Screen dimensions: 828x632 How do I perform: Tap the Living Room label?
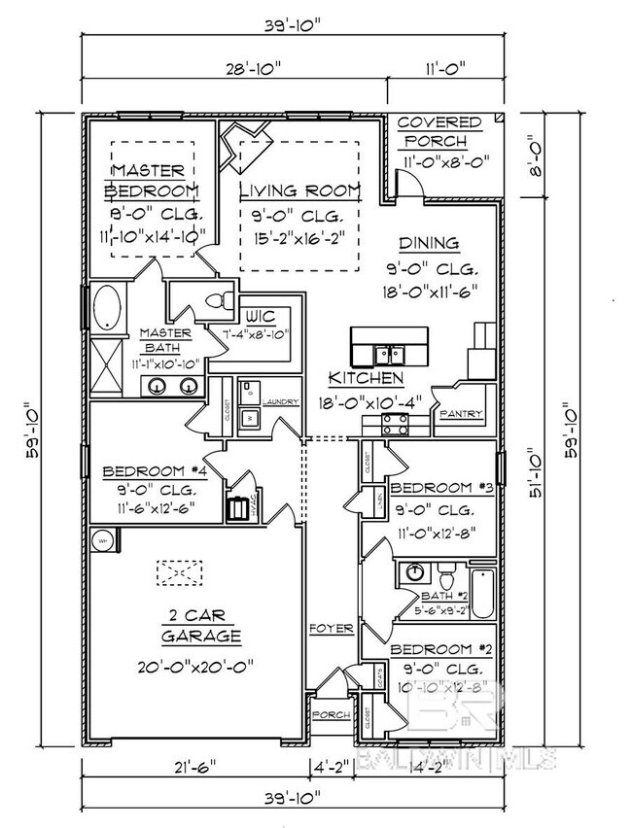[x=299, y=190]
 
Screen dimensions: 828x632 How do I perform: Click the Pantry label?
[x=460, y=414]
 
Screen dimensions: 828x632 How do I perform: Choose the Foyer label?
[x=331, y=629]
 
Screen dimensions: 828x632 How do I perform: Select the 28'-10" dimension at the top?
[x=234, y=67]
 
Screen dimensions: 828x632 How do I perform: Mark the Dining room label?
[x=428, y=243]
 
